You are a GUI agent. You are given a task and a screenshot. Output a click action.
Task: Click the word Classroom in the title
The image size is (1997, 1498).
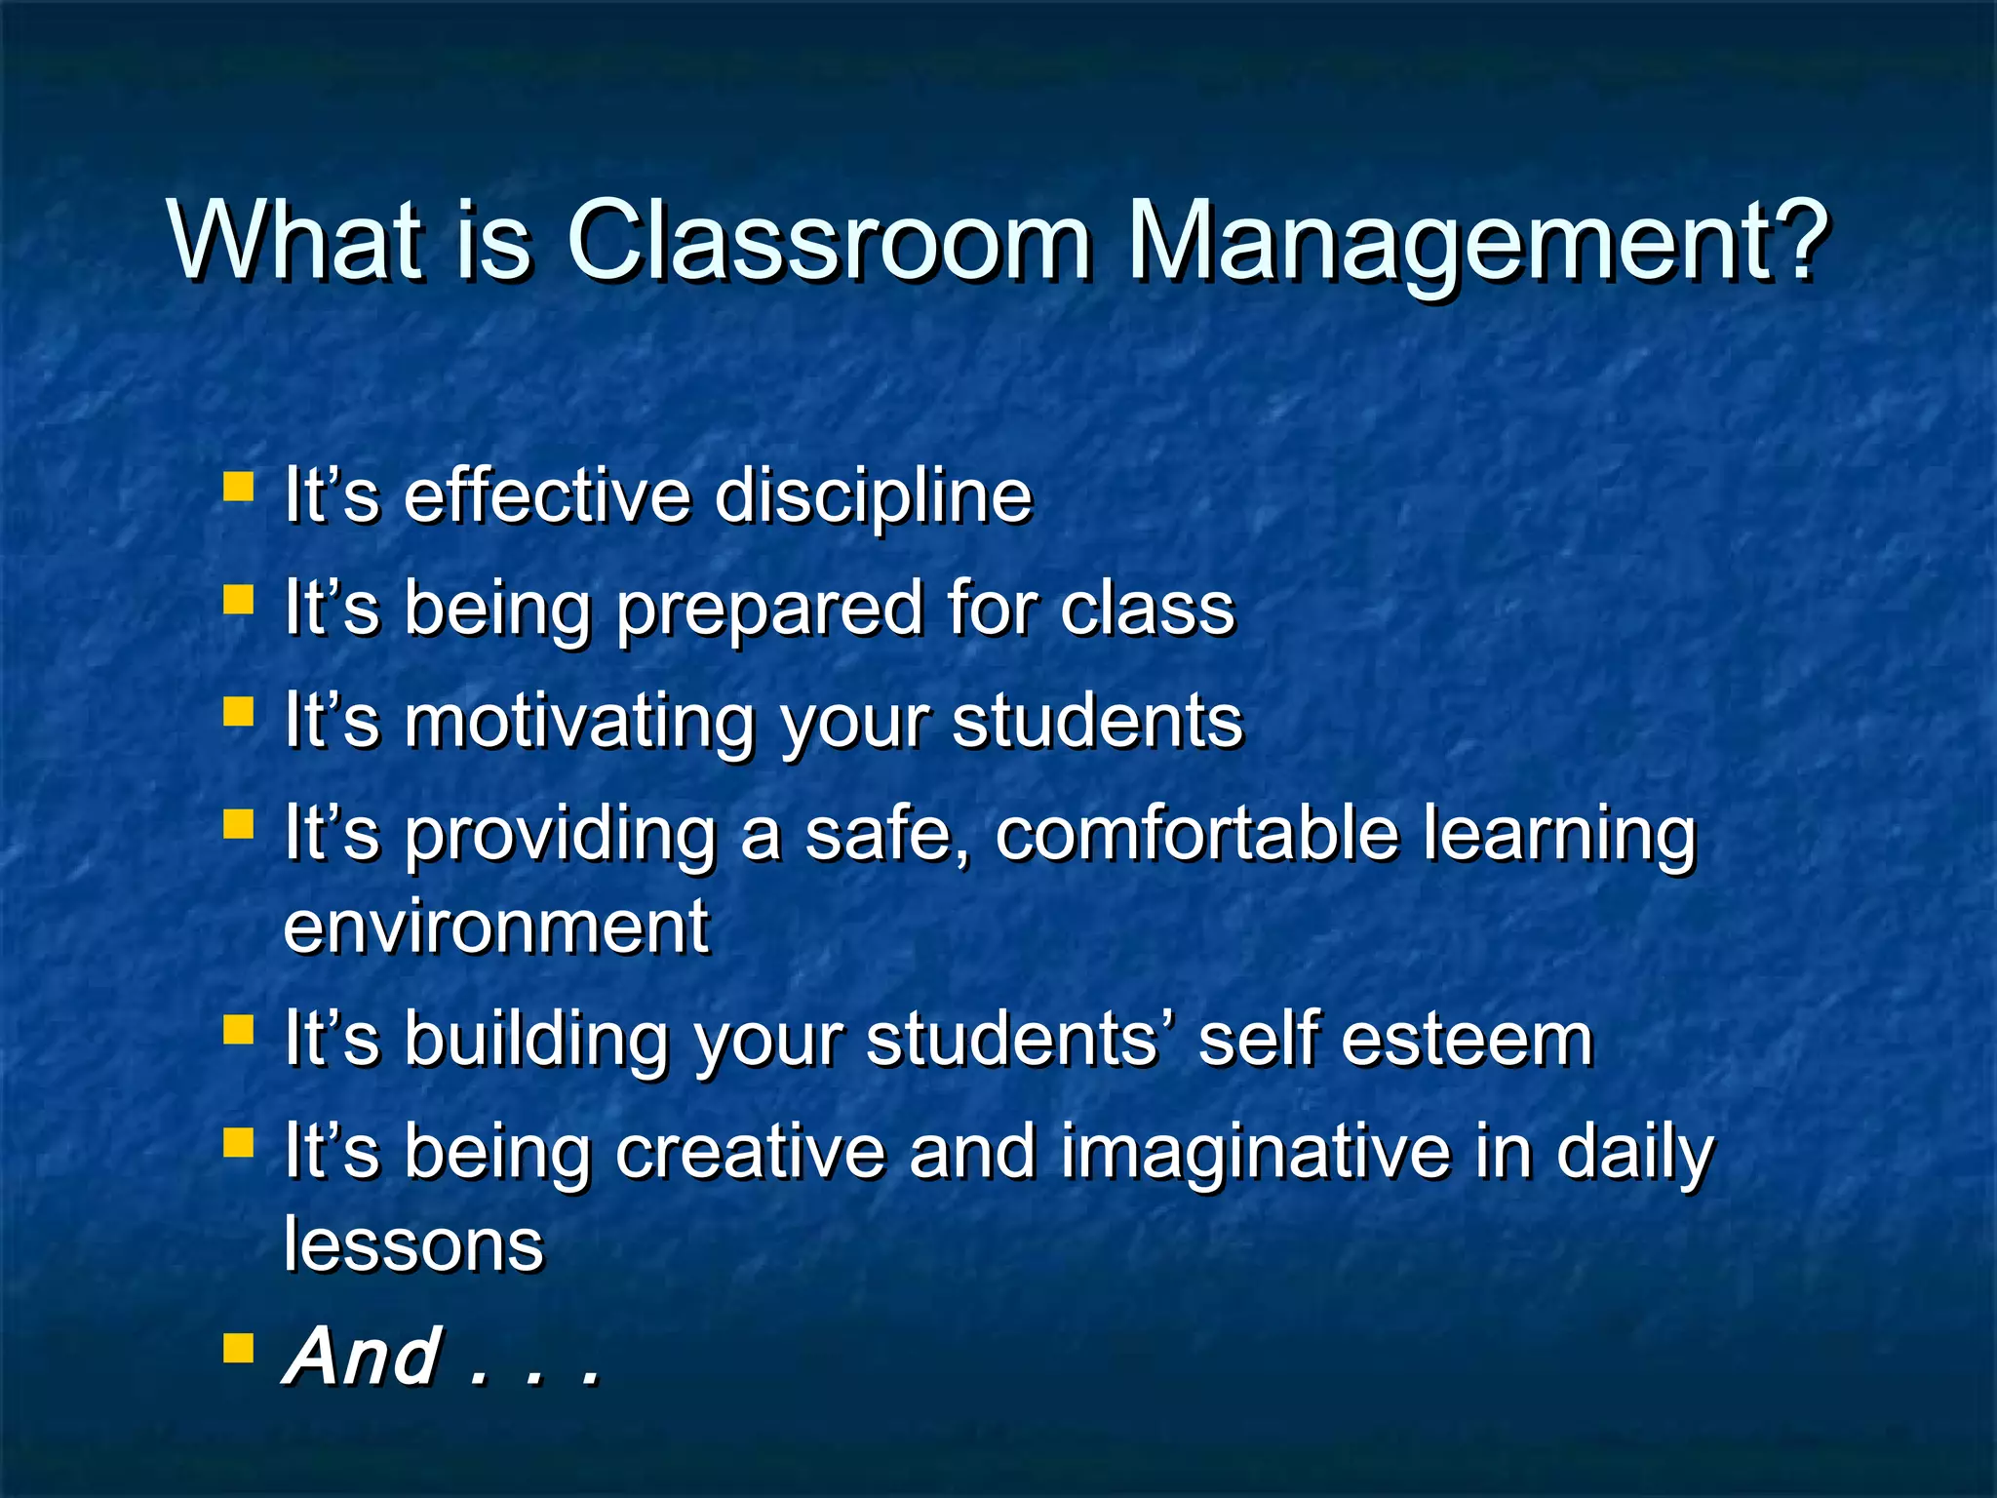[829, 241]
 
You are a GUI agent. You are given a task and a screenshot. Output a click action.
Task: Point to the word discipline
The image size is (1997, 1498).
[873, 496]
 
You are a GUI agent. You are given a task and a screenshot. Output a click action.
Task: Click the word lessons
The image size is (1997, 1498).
[413, 1245]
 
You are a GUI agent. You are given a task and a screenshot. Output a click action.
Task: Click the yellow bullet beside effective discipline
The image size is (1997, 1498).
[238, 486]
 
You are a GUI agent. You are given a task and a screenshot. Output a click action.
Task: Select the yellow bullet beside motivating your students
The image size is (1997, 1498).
[238, 711]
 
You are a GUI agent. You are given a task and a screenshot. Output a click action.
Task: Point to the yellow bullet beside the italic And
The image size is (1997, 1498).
[238, 1348]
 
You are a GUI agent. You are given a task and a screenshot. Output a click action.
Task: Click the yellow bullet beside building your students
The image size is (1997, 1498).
[238, 1029]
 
